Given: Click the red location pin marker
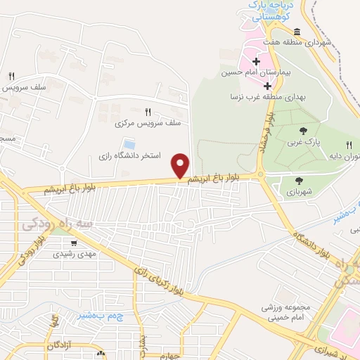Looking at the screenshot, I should (x=181, y=166).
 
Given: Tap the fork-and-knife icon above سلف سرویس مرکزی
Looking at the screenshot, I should (x=148, y=111).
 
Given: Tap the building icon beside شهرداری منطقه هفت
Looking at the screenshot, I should (x=297, y=32).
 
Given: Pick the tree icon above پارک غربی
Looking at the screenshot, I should (x=303, y=130).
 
